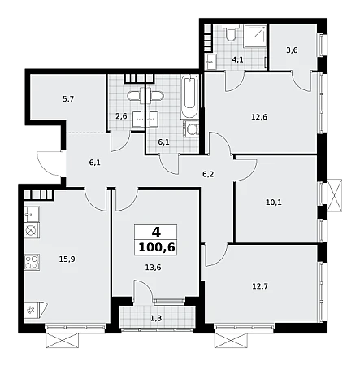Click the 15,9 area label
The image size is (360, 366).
tap(67, 259)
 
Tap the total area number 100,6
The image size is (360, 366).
tap(156, 247)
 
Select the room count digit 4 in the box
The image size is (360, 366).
tap(156, 233)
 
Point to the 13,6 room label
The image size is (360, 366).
tap(153, 268)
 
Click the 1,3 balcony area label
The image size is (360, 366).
tap(156, 318)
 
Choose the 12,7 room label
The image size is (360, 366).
tap(260, 286)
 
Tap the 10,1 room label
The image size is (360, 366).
tap(274, 203)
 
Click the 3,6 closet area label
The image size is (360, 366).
tap(292, 50)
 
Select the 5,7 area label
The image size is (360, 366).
tap(68, 99)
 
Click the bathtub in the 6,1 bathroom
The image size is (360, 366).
tap(189, 97)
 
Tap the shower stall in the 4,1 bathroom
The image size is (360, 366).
tap(255, 36)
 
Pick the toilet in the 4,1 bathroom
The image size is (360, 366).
tap(231, 33)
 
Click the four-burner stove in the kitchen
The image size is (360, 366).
tap(33, 262)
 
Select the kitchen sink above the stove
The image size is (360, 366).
tap(32, 214)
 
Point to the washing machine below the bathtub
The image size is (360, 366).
tap(191, 129)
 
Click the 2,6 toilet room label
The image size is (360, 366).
tap(121, 116)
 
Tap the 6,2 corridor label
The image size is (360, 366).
tap(208, 174)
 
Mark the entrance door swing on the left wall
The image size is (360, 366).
tap(51, 163)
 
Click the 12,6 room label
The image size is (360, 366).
tap(259, 117)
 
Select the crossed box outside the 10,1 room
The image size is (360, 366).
tap(335, 195)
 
